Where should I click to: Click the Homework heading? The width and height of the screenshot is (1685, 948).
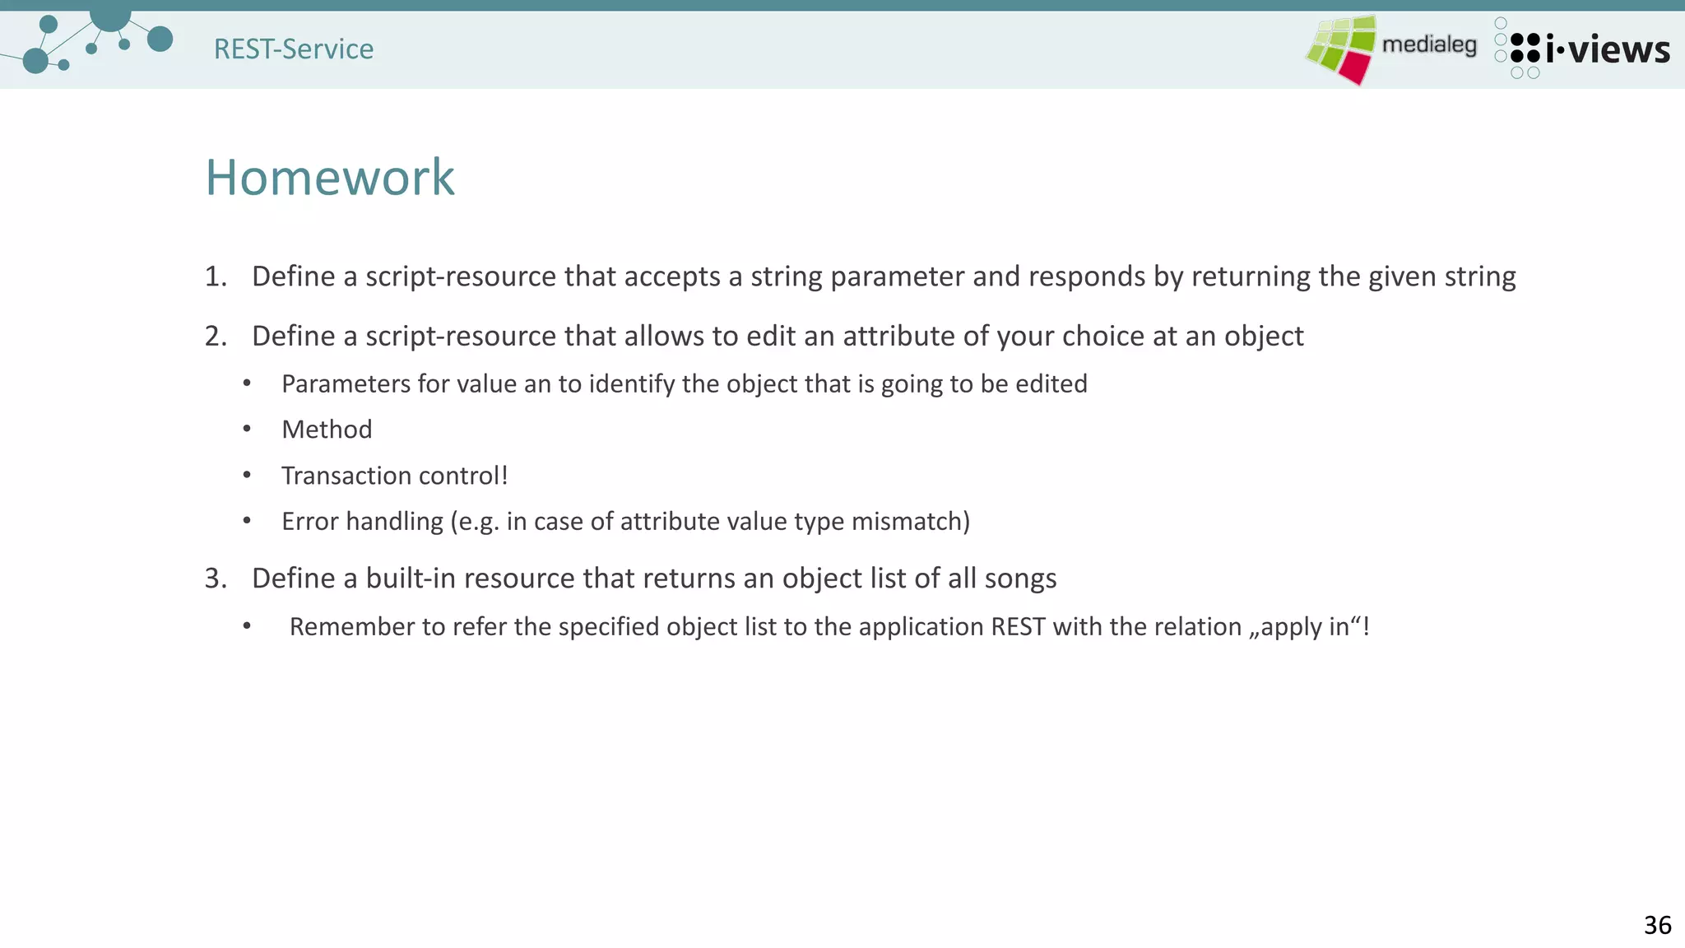point(329,177)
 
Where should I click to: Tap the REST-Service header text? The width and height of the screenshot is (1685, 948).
point(294,49)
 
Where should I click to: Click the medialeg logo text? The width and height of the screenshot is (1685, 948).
point(1429,44)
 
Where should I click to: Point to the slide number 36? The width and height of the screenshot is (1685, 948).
point(1657,925)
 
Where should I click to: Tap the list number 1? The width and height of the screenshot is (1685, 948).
point(215,276)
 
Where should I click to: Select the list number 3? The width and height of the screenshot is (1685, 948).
point(215,579)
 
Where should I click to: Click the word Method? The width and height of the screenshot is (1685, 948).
point(327,430)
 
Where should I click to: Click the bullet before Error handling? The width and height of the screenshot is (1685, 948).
point(247,521)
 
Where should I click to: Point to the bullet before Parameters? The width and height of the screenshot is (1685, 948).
point(247,383)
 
